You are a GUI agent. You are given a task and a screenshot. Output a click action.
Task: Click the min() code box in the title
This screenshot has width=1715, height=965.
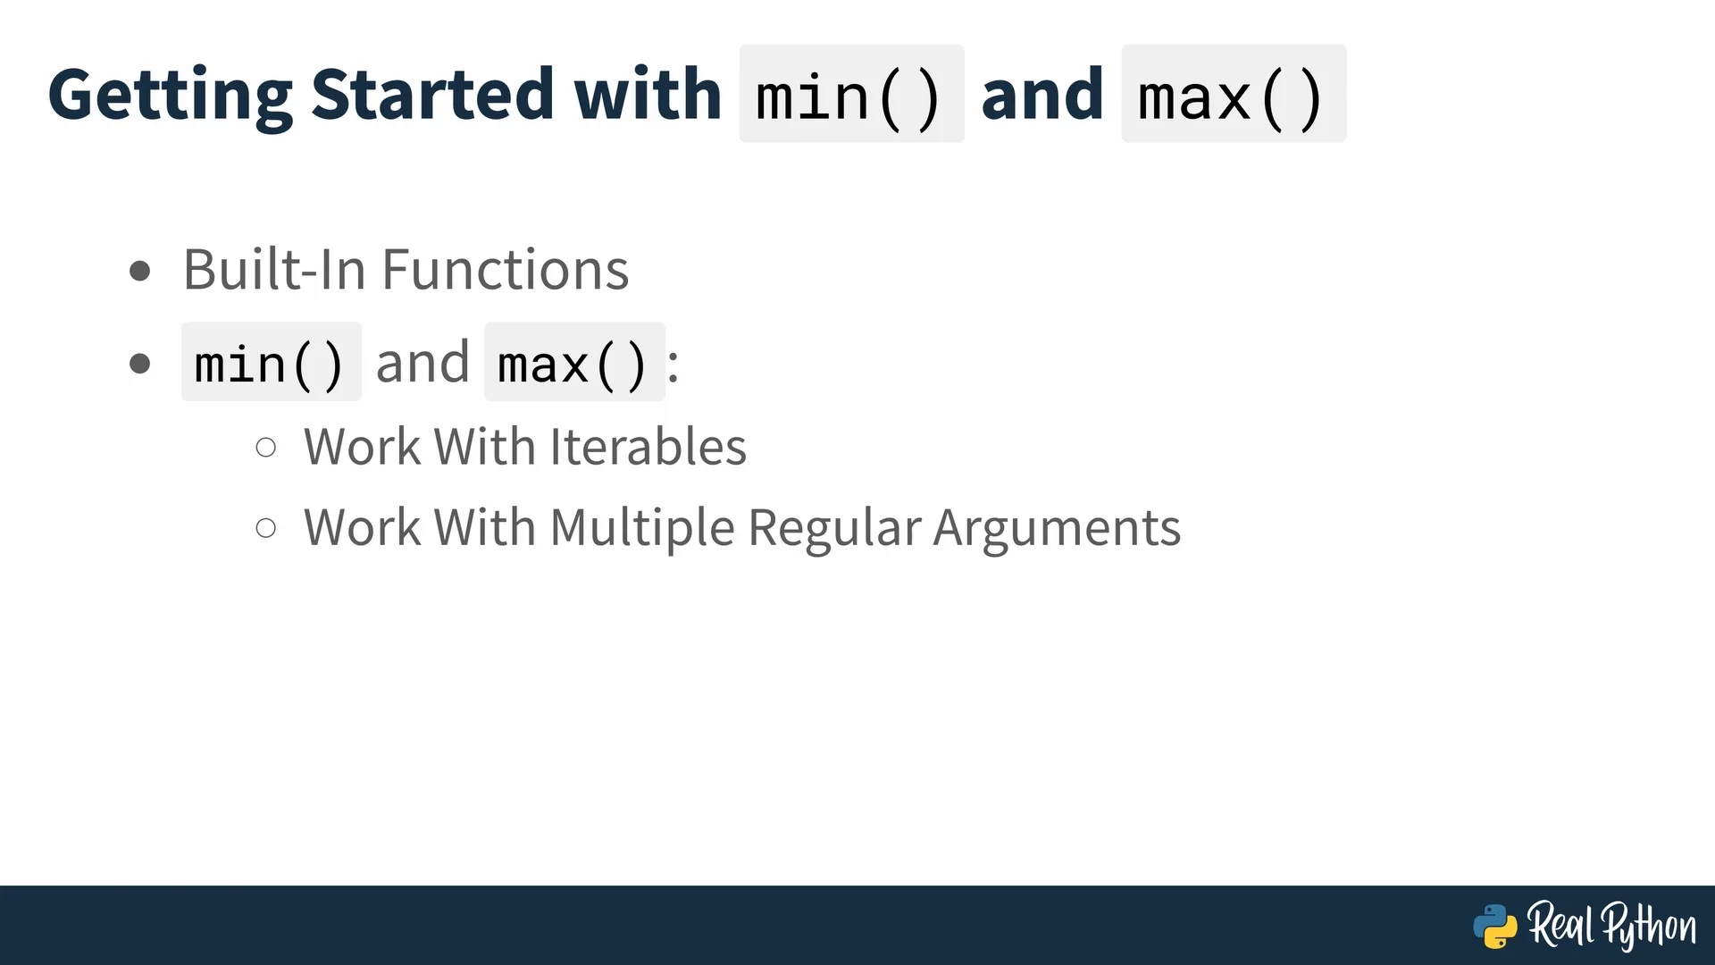point(851,94)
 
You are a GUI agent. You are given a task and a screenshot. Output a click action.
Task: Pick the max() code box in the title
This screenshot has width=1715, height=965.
point(1234,94)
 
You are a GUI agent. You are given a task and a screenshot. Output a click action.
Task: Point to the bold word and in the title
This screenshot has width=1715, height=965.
point(1042,94)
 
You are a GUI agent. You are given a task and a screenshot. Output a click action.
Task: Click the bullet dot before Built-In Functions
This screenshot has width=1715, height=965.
point(140,270)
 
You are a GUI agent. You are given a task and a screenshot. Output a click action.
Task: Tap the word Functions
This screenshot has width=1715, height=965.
point(506,269)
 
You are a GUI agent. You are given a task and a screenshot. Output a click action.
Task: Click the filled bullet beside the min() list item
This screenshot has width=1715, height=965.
point(140,364)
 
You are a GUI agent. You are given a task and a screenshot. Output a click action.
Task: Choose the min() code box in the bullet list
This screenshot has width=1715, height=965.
point(272,362)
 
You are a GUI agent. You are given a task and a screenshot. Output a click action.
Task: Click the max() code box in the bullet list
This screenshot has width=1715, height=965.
point(574,362)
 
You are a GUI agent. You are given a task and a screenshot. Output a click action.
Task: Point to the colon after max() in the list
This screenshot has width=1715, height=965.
point(673,365)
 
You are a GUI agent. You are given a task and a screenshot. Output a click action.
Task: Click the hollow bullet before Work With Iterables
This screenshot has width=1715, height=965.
point(266,447)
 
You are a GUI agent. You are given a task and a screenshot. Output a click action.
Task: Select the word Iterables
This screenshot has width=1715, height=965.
point(648,447)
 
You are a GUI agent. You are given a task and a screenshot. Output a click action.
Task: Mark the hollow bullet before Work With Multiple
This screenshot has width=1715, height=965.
point(266,527)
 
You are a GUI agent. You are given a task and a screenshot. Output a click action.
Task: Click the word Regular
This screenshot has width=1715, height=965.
point(834,528)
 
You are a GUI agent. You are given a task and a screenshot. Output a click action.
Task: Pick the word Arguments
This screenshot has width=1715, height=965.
point(1058,528)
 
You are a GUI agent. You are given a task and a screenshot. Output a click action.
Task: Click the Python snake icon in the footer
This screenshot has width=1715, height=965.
point(1495,926)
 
